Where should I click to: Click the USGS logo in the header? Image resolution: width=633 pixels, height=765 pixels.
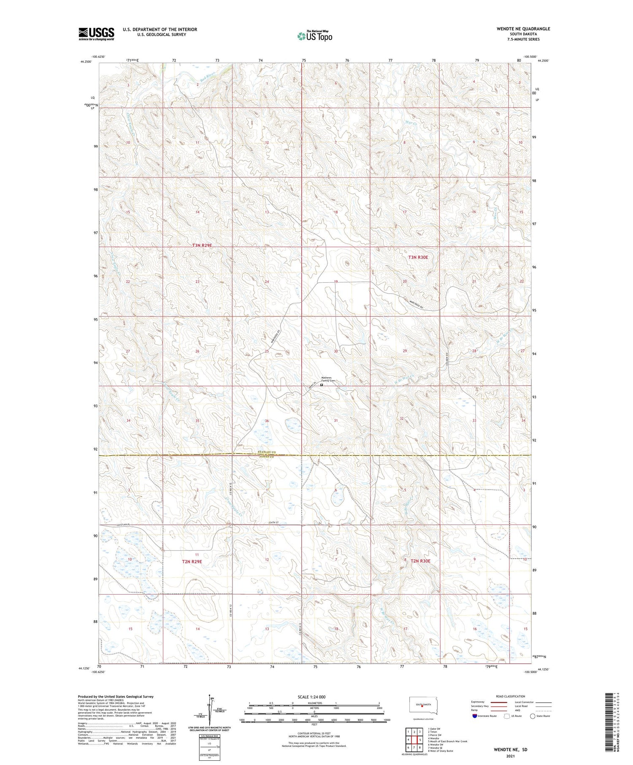[x=96, y=34]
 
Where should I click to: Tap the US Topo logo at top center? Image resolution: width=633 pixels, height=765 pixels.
[x=314, y=36]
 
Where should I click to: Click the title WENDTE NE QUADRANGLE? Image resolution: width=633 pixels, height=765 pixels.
[x=524, y=29]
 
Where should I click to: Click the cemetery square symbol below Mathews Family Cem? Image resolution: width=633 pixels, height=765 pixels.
[x=322, y=385]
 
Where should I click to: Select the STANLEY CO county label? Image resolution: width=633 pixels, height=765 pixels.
[x=266, y=453]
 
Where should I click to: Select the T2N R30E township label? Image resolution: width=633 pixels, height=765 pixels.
[x=420, y=561]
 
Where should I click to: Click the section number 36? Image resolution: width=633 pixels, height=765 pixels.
[x=267, y=421]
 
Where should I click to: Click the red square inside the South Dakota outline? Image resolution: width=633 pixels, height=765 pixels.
[x=422, y=707]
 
